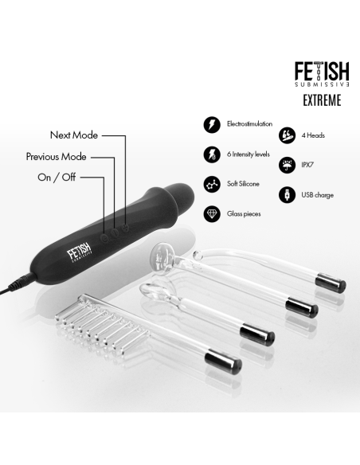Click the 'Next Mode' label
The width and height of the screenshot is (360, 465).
click(x=74, y=135)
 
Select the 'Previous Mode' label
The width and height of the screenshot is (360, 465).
click(x=56, y=157)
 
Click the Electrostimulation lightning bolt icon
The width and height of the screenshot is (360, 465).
click(x=213, y=125)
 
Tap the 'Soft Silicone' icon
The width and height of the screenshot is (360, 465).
click(x=213, y=183)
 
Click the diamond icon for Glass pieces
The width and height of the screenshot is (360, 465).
click(x=213, y=213)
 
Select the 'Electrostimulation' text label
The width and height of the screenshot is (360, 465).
click(x=250, y=125)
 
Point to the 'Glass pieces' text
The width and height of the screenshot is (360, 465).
click(x=245, y=213)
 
